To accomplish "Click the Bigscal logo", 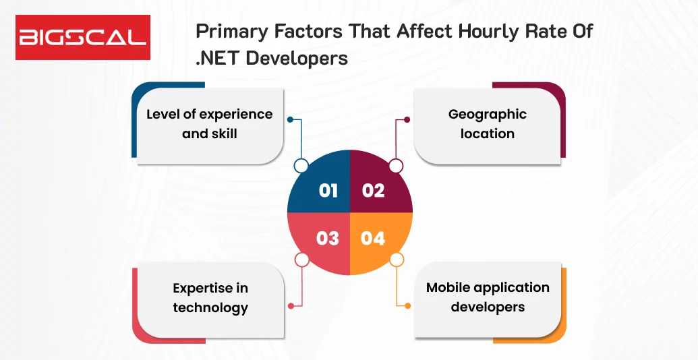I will tap(83, 37).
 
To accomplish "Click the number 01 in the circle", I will tap(328, 190).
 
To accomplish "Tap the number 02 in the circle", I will tap(373, 190).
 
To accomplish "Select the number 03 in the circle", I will tap(328, 238).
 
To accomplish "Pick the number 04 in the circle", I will tap(373, 238).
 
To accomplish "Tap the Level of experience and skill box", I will tap(210, 124).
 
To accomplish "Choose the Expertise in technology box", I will tap(210, 298).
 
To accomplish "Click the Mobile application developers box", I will tap(488, 297).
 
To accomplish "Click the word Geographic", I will tap(488, 115).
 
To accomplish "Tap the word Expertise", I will tap(202, 289).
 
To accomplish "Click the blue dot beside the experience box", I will tap(289, 119).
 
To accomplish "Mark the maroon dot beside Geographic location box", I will tap(407, 119).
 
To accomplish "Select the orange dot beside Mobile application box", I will tap(407, 305).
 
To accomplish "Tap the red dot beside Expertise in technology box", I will tap(289, 305).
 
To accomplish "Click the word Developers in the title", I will tap(297, 58).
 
